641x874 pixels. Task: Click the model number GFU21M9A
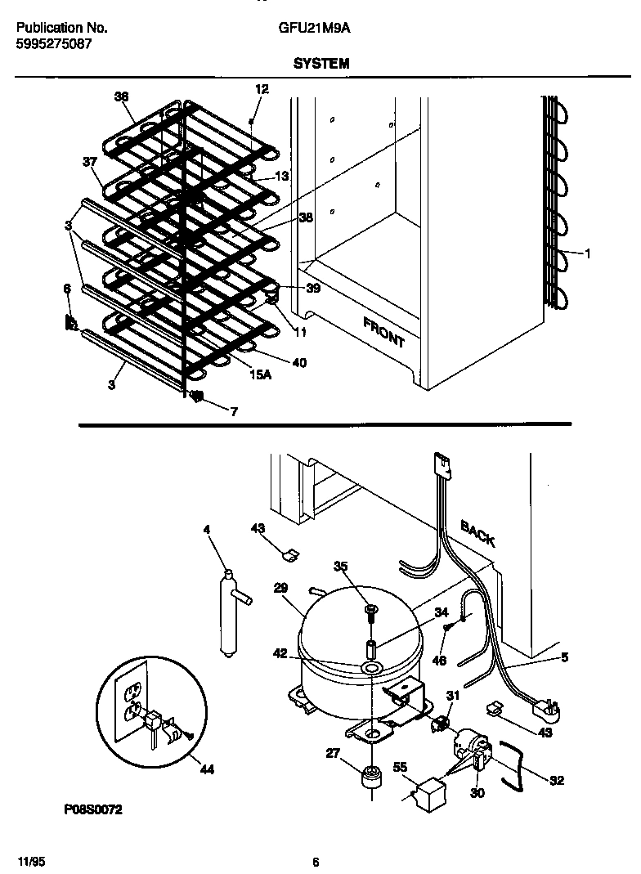pos(315,28)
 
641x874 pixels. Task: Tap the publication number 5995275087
pos(54,44)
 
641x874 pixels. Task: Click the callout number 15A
pos(260,374)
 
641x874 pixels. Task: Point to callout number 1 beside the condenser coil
pos(586,253)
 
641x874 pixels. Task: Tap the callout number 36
pos(122,96)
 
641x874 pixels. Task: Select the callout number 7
pos(234,412)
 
